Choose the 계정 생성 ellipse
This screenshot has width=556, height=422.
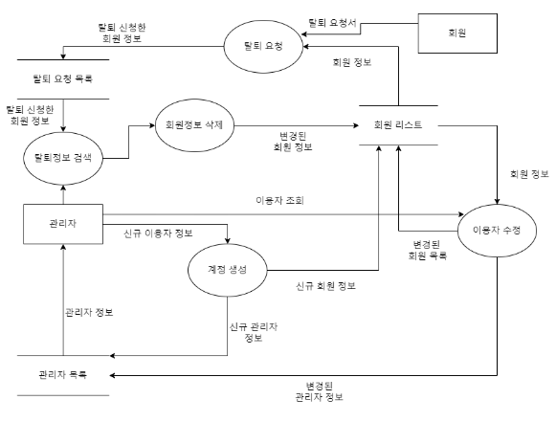pos(228,270)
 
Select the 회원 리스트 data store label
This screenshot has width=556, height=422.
pos(398,125)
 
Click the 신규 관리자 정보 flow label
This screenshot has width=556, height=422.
pos(254,332)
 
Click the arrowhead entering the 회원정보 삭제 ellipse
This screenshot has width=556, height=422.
pos(152,126)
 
